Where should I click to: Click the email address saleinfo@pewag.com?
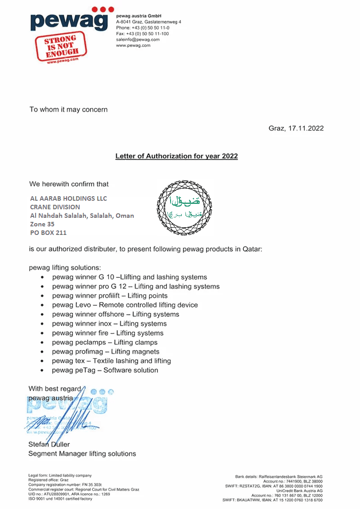(x=138, y=40)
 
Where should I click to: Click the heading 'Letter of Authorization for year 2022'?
(x=176, y=156)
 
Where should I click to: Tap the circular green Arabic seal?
(x=184, y=207)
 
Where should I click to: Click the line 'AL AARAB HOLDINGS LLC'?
(x=68, y=198)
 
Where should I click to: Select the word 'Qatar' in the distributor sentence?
(x=251, y=248)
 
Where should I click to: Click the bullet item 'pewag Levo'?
(x=125, y=305)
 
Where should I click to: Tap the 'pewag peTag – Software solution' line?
(x=105, y=370)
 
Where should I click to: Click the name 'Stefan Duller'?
(x=49, y=445)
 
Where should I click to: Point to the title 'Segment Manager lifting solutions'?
(x=82, y=454)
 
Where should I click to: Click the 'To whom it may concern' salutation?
(x=68, y=109)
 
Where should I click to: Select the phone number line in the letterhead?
(x=143, y=28)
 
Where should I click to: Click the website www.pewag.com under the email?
(x=133, y=45)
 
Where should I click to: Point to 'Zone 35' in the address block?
(x=42, y=224)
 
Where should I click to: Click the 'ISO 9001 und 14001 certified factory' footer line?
(x=60, y=499)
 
